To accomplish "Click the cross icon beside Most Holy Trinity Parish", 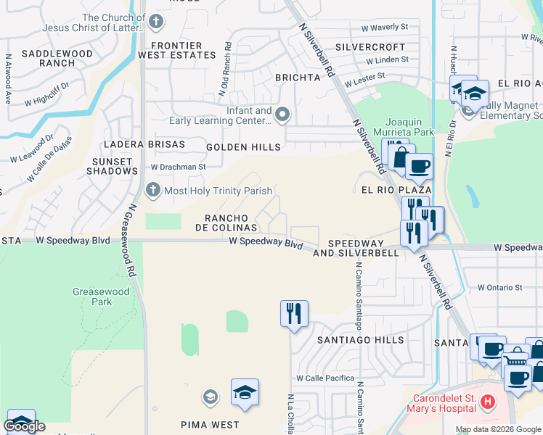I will point(152,191).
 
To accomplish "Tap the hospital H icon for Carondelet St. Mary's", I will point(488,401).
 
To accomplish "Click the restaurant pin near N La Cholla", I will point(294,314).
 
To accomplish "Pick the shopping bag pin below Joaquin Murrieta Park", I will point(399,155).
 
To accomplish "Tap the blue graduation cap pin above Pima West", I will point(245,392).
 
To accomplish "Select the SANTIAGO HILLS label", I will point(359,340).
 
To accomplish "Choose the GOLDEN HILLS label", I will point(243,147).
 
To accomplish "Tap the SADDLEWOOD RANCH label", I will point(57,58).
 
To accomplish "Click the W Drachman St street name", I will point(178,167).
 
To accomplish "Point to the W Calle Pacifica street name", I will point(325,378).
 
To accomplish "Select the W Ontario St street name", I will point(502,287).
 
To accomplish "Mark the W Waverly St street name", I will point(385,27).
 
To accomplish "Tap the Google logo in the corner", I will point(25,426).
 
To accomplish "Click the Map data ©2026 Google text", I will point(498,429).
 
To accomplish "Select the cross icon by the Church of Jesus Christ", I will point(156,22).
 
